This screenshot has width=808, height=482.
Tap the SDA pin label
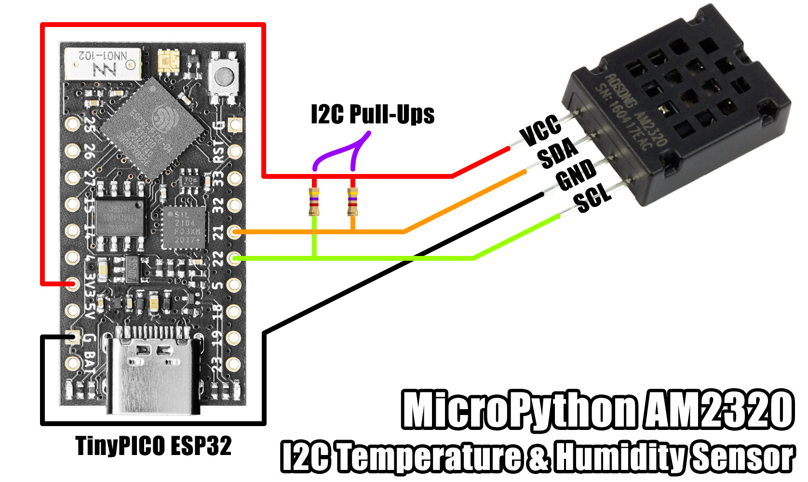click(x=558, y=153)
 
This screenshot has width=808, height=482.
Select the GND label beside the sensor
click(x=576, y=175)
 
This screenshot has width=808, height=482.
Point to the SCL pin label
click(x=592, y=198)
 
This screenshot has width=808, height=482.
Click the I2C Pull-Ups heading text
click(x=372, y=114)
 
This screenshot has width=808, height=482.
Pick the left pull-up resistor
click(x=314, y=202)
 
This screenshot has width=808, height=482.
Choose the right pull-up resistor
click(x=353, y=202)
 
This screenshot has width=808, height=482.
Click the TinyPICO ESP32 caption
click(x=154, y=446)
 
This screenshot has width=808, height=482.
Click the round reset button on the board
click(x=224, y=76)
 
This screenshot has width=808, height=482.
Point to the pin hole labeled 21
click(x=234, y=232)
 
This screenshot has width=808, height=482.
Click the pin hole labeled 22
click(x=234, y=259)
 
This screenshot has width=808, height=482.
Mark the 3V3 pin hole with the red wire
click(x=73, y=283)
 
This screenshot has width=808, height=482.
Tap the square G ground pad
click(x=74, y=337)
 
